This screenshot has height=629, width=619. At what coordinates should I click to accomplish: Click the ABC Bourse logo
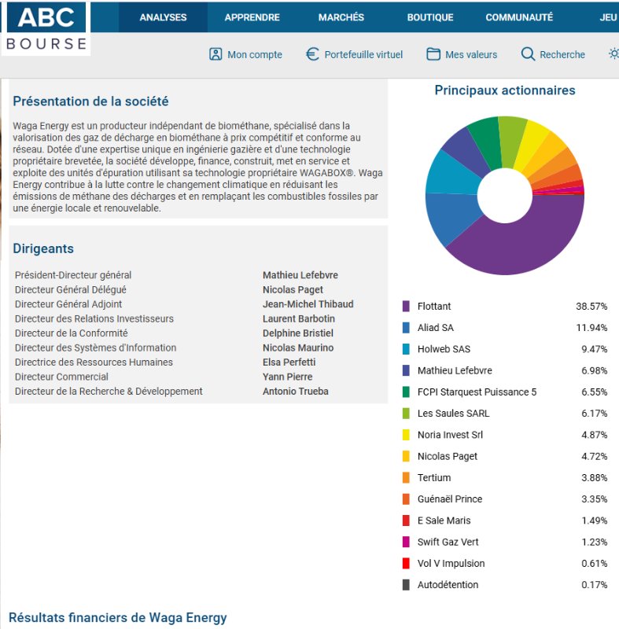point(46,28)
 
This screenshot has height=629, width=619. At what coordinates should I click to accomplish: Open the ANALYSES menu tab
point(163,17)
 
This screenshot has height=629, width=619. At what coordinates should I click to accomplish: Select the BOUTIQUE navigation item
point(430,17)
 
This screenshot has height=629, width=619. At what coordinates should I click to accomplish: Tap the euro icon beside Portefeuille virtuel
point(312,54)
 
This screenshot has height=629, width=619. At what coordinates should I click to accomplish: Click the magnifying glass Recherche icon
point(528,54)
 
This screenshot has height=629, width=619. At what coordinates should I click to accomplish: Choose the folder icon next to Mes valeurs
point(433,54)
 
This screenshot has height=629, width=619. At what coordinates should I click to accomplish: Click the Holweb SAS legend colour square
point(406,349)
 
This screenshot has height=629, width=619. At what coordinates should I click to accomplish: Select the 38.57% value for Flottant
point(591,306)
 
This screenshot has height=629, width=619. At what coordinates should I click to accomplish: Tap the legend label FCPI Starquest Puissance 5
point(477,392)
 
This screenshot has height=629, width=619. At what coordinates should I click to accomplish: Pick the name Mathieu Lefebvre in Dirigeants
point(300,275)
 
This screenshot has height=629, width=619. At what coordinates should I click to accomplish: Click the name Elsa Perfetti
point(289,362)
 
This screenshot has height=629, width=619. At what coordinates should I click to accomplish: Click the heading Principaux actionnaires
point(504,90)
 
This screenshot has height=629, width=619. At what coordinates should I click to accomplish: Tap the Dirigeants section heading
point(43,248)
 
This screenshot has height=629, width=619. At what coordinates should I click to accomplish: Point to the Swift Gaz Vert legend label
point(448,542)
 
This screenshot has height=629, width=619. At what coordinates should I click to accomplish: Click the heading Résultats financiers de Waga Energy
point(117,617)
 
